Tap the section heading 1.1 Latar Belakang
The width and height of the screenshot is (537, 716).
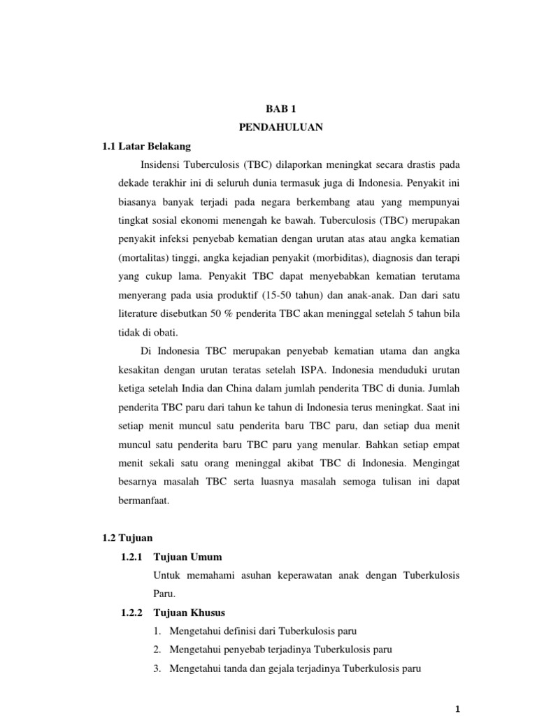146,147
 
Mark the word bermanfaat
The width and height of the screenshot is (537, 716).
143,501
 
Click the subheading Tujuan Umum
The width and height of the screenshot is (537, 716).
187,557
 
